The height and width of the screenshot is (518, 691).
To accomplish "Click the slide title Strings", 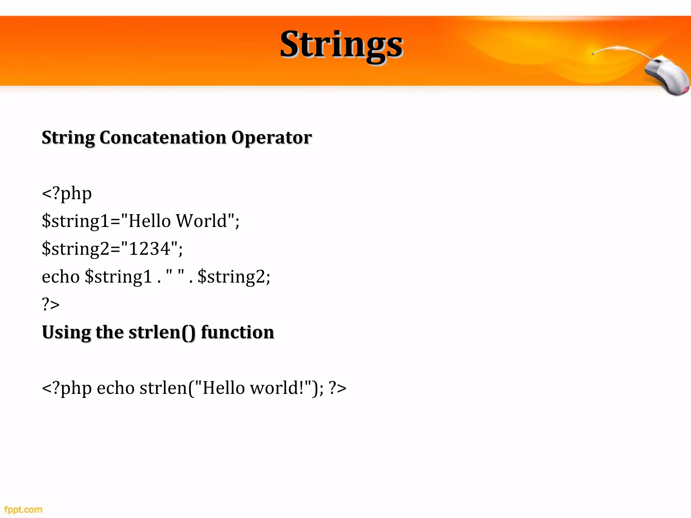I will (x=341, y=45).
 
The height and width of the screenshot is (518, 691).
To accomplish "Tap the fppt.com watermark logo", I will (x=23, y=509).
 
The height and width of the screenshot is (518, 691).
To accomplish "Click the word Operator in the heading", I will (x=271, y=138).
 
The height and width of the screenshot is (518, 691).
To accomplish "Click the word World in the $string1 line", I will (x=201, y=221).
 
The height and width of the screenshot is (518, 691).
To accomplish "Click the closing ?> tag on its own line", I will (x=51, y=304).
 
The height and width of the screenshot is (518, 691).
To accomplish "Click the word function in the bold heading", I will (x=237, y=332).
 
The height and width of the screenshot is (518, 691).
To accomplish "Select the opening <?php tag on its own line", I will (x=66, y=194).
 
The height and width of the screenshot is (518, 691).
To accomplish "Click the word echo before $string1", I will (x=61, y=277).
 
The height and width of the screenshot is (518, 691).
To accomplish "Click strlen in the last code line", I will (x=163, y=388).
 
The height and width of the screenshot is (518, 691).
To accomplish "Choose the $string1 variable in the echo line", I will (x=118, y=277).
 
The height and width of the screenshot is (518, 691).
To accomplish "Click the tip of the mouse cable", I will (x=593, y=54).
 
